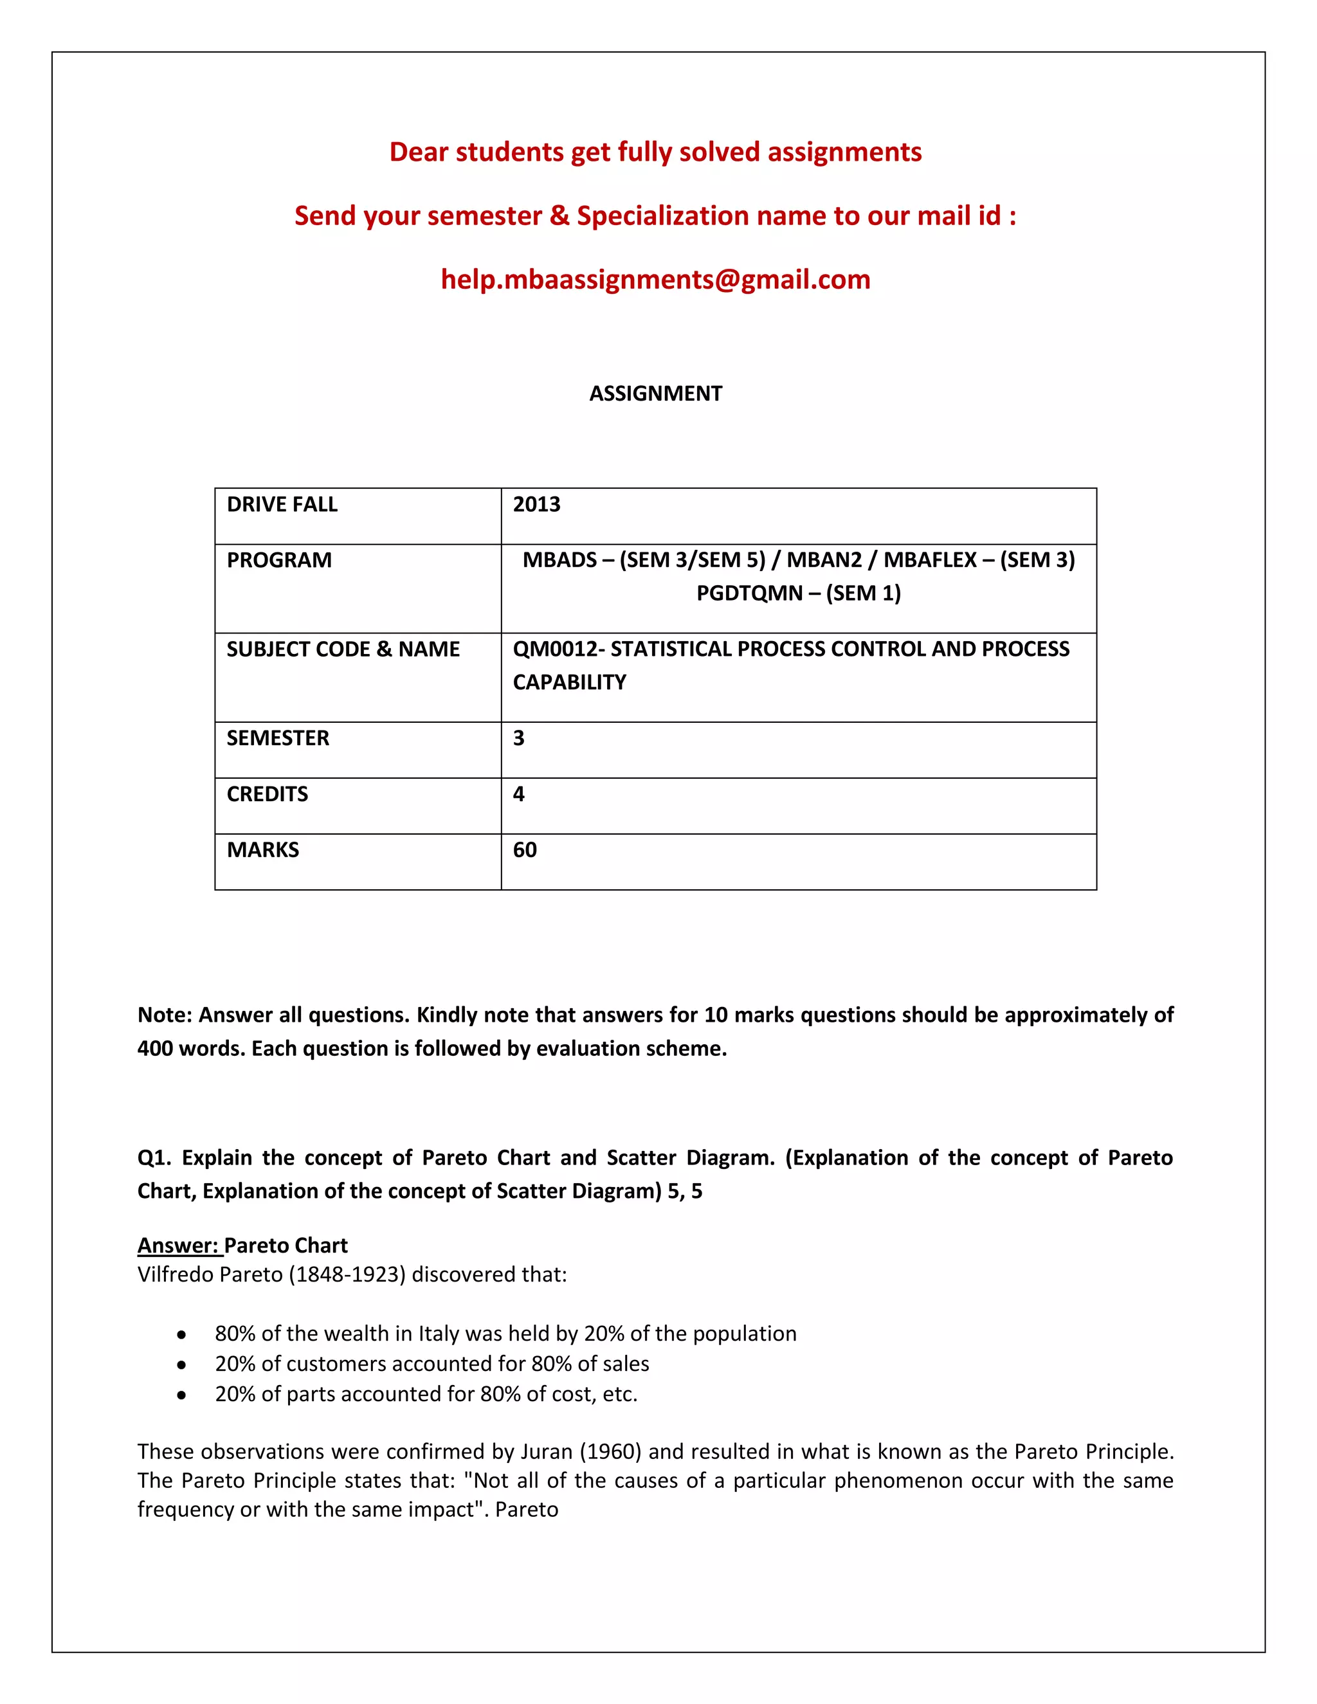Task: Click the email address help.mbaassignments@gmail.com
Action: click(655, 279)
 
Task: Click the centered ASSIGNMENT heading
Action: click(655, 394)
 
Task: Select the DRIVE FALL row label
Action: click(282, 505)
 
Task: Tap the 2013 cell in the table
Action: click(537, 505)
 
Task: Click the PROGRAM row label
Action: click(278, 560)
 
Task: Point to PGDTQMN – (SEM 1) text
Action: click(798, 594)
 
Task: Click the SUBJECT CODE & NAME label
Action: click(343, 649)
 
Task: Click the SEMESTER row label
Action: click(278, 738)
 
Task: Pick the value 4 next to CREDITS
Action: click(519, 794)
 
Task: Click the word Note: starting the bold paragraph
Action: click(165, 1015)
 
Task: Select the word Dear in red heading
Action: click(419, 152)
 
